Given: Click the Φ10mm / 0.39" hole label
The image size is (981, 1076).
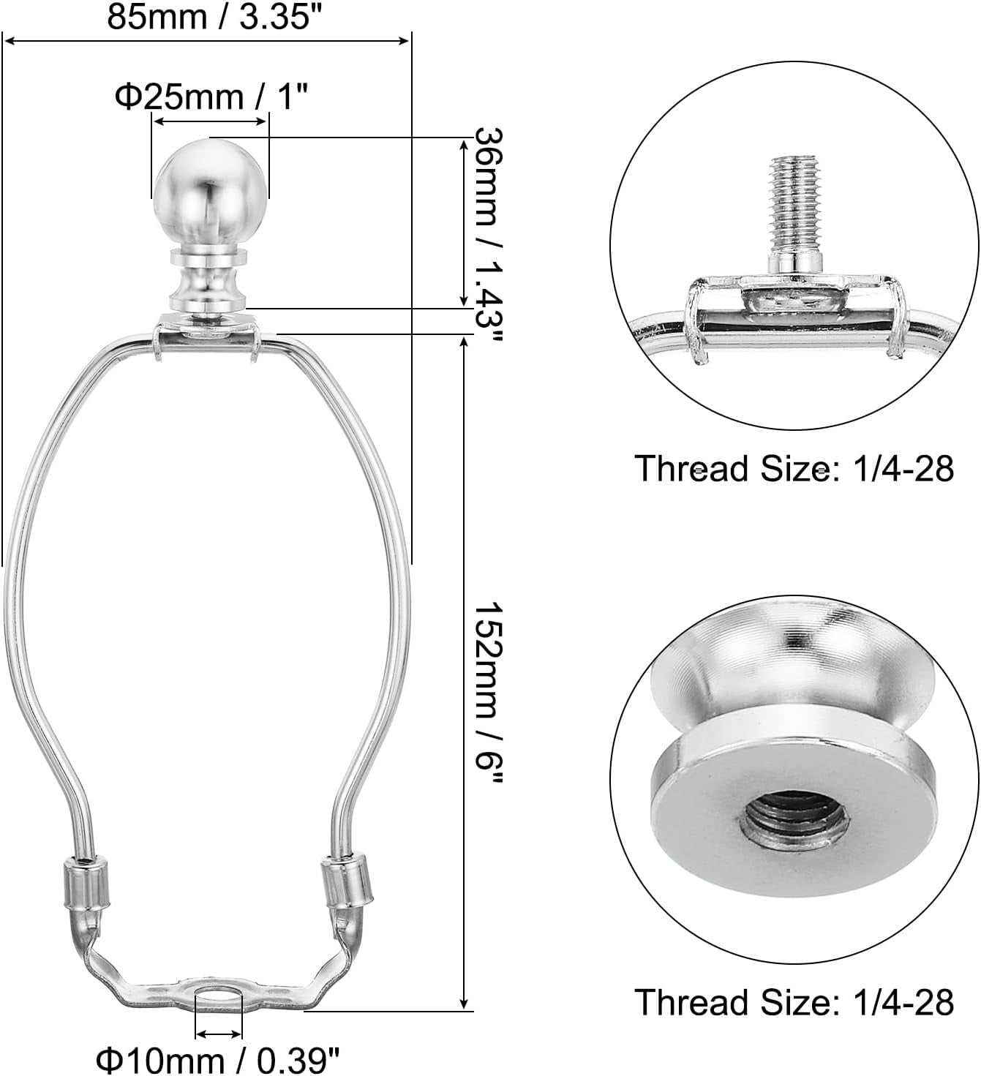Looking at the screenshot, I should pos(219,1058).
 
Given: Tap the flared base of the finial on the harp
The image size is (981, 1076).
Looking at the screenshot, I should pos(208,289).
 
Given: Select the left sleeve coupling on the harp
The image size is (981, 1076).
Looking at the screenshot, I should pos(86,884).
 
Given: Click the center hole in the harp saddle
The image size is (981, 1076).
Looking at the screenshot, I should pos(219,996).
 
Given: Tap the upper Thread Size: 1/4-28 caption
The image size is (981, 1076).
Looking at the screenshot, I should pos(794,468).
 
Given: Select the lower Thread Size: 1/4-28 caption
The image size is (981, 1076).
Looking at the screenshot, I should pos(794,1001).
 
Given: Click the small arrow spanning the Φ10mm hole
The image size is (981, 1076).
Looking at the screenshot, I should pos(219,1034).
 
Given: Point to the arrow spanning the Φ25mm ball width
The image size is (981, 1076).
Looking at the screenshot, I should pos(209,121).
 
